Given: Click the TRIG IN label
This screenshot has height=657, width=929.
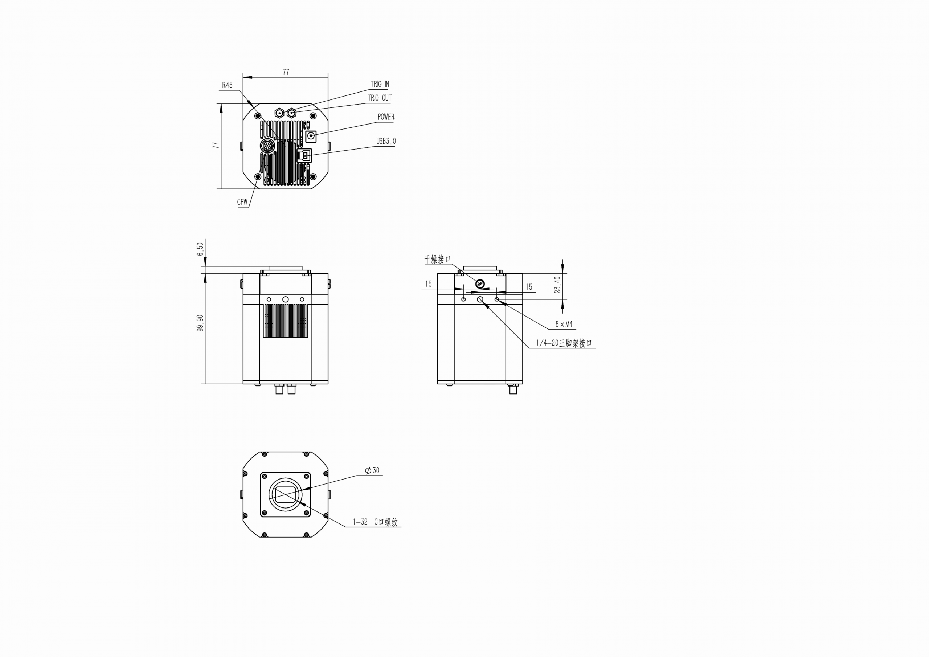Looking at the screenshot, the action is [x=380, y=84].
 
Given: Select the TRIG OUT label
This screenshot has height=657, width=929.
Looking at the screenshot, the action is [x=380, y=98].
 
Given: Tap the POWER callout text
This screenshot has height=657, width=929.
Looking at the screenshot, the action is [x=386, y=117].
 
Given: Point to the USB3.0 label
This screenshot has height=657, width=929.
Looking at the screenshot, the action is [x=386, y=141].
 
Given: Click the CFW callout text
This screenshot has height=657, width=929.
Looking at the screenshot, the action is [x=242, y=202].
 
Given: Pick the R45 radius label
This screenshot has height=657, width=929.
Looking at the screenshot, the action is [x=228, y=85].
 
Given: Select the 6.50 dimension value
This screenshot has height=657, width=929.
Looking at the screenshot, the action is [x=200, y=249].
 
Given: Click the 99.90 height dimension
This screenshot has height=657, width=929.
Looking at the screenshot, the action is [x=200, y=323].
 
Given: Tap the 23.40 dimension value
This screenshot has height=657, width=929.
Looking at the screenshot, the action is [x=557, y=285].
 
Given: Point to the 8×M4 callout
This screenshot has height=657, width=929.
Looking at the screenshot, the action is [x=564, y=324].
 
